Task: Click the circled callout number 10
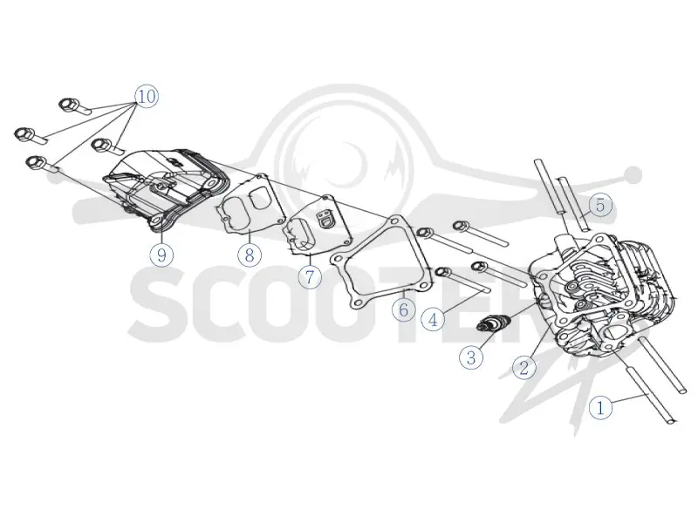coord(147,96)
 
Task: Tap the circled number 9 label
coord(161,255)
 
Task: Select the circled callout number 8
coord(250,255)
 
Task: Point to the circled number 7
coord(310,276)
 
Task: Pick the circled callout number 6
coord(404,309)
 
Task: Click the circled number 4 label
coord(433,319)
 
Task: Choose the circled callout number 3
coord(471,357)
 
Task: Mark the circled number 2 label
coord(524,367)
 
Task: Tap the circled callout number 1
coord(600,407)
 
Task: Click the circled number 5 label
coord(600,205)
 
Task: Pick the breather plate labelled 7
coord(317,225)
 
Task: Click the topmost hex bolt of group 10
coord(68,104)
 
